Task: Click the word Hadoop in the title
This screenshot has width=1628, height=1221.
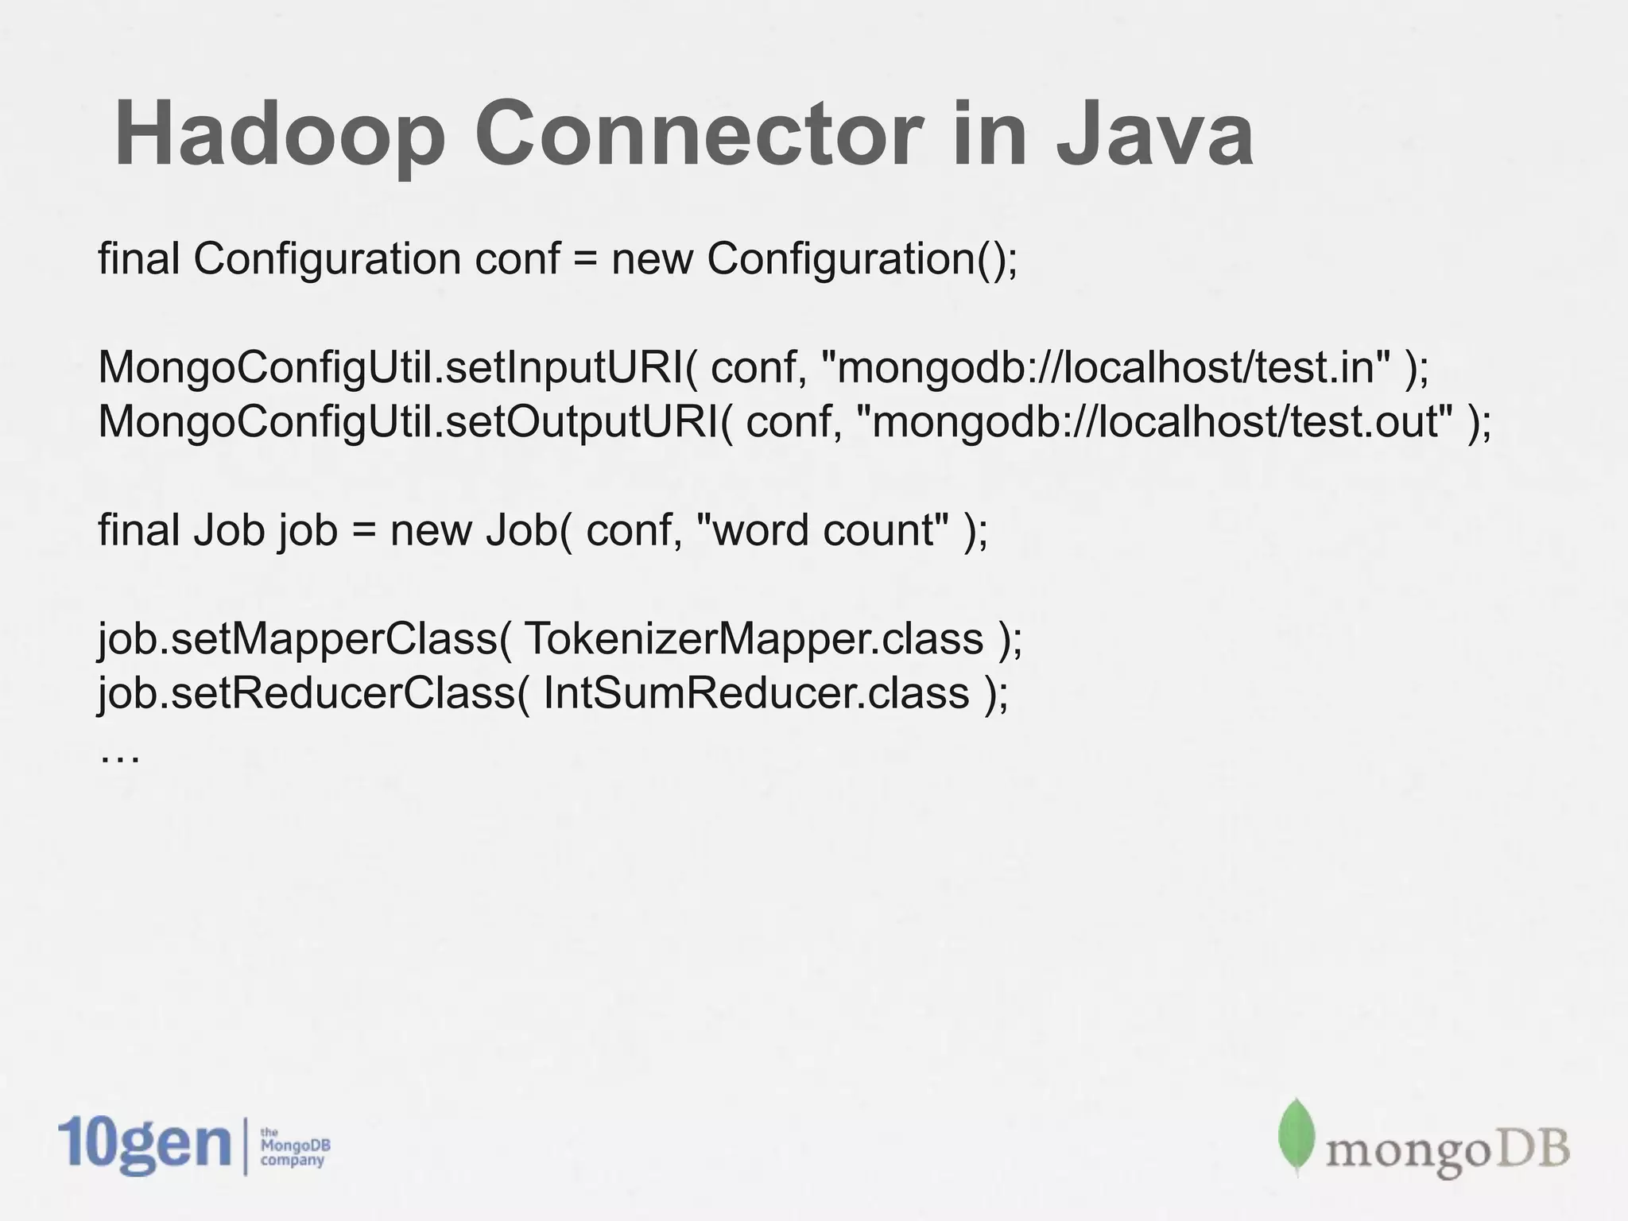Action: click(x=280, y=135)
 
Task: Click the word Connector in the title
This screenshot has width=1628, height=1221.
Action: click(x=700, y=135)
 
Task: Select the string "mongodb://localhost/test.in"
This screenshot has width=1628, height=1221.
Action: click(x=1106, y=367)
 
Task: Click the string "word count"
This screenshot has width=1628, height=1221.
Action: click(x=822, y=530)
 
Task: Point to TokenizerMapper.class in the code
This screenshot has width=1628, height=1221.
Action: click(x=754, y=639)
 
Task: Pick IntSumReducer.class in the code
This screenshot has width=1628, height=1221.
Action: click(x=756, y=693)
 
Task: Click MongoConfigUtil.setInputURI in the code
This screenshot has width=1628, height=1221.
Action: click(x=390, y=367)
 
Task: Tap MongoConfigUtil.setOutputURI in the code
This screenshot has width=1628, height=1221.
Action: click(x=409, y=421)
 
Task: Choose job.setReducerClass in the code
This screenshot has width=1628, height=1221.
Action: click(x=307, y=693)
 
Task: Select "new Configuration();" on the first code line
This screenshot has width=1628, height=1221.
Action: click(x=814, y=259)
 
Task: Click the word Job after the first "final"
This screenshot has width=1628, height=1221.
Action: click(x=228, y=530)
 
